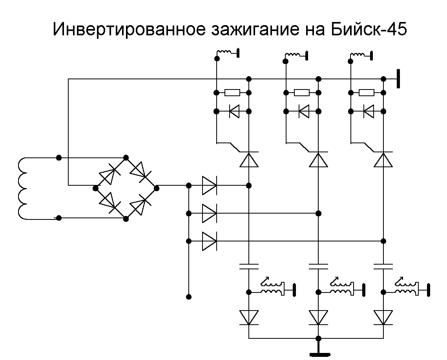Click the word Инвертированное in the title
pyautogui.click(x=128, y=30)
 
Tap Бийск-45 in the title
pyautogui.click(x=366, y=30)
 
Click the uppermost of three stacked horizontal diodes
pyautogui.click(x=209, y=185)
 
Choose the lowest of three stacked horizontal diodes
pyautogui.click(x=209, y=241)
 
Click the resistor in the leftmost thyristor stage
pyautogui.click(x=232, y=93)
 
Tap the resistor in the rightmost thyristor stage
pyautogui.click(x=367, y=93)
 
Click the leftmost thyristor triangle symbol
pyautogui.click(x=249, y=160)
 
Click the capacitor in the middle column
pyautogui.click(x=319, y=266)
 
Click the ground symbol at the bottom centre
pyautogui.click(x=319, y=353)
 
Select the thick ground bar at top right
pyautogui.click(x=398, y=79)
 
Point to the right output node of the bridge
pyautogui.click(x=157, y=188)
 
